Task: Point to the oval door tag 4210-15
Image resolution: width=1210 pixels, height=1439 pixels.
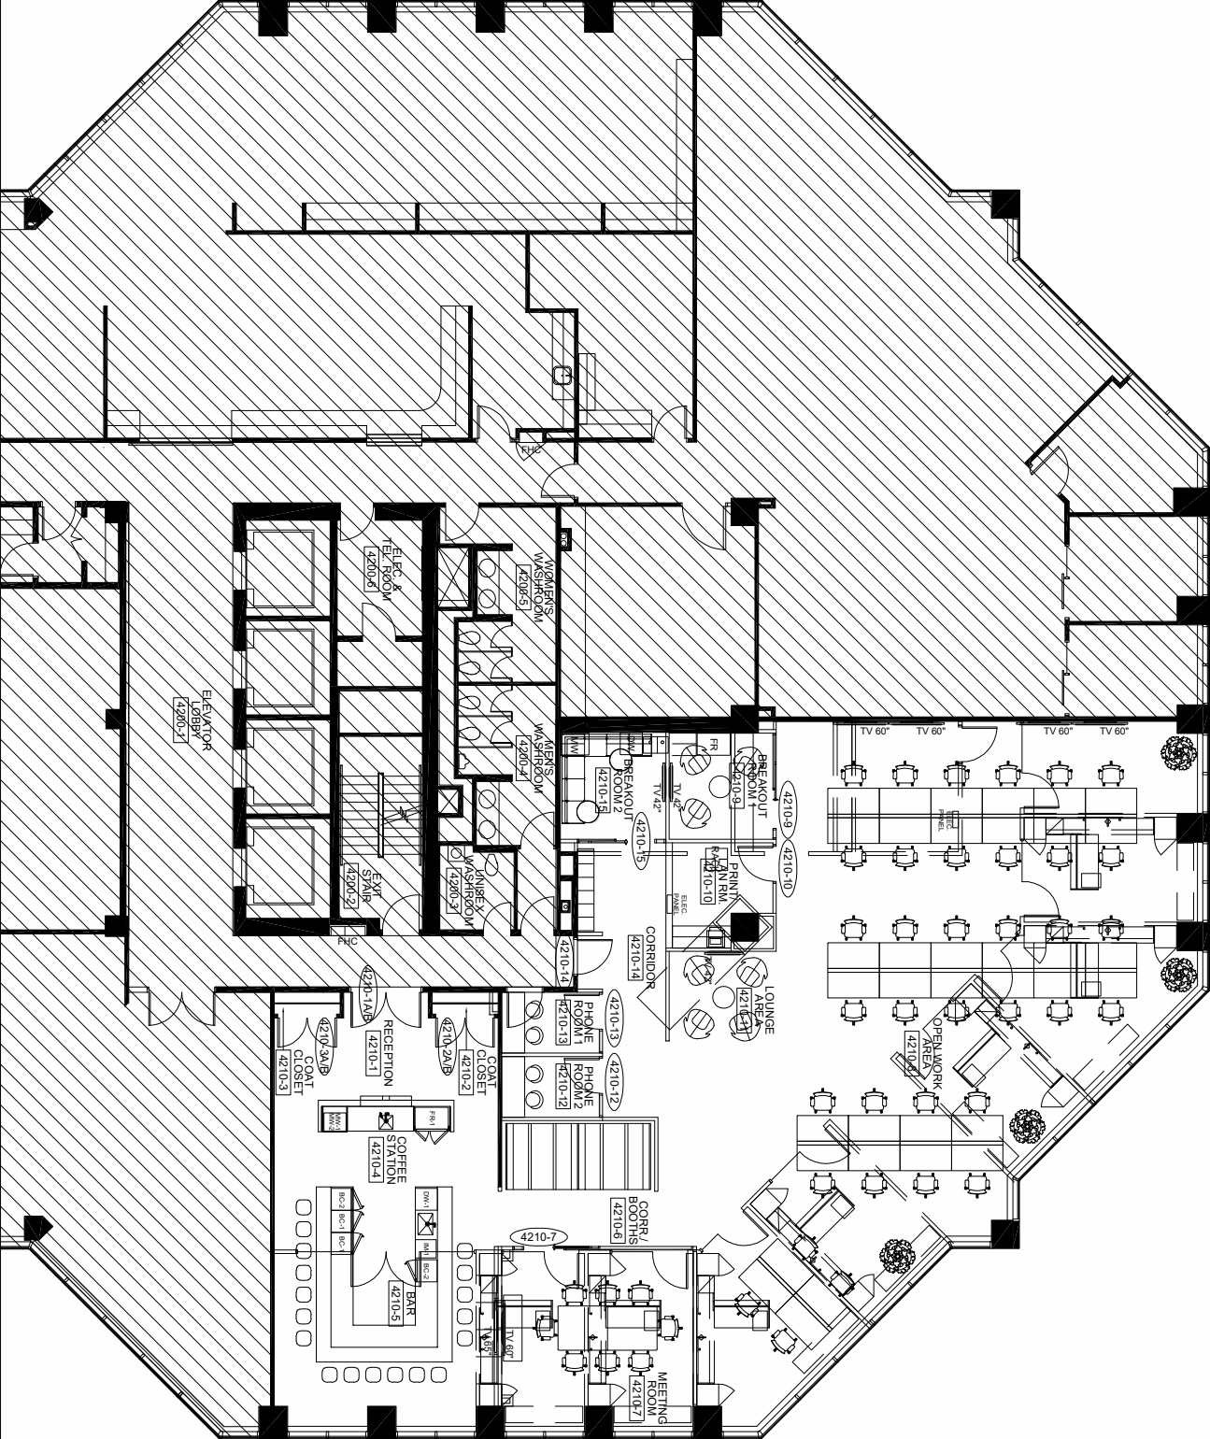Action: click(x=640, y=841)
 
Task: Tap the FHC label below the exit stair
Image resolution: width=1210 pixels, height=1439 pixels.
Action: click(x=348, y=941)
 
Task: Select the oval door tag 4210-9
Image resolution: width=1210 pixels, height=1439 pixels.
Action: click(x=787, y=807)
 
